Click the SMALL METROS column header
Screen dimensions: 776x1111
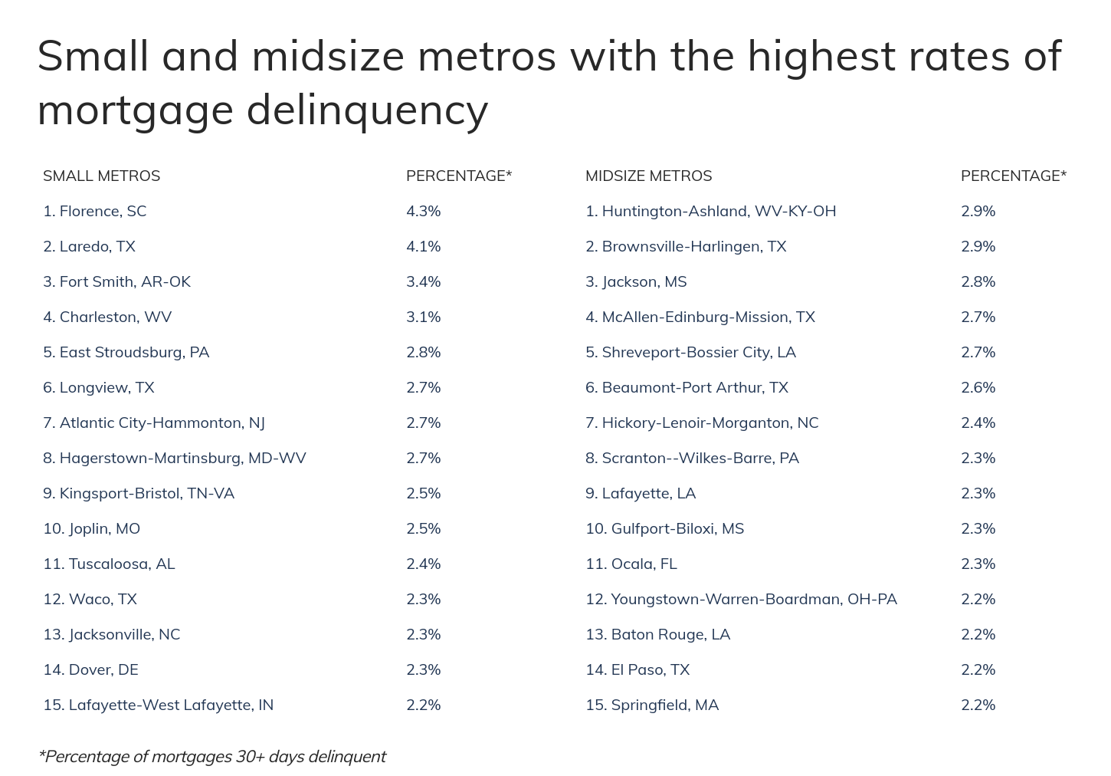point(101,176)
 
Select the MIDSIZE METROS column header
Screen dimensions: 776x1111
point(648,176)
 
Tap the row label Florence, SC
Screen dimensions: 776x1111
point(94,211)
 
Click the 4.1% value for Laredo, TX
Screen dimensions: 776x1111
point(423,246)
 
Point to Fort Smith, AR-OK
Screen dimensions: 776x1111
point(116,281)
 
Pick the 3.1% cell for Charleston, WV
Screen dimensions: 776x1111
point(423,317)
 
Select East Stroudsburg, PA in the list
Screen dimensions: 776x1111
point(126,352)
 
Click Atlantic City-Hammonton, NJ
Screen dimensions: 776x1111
point(154,423)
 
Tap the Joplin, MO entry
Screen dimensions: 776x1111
point(91,528)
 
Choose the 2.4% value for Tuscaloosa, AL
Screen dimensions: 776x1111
point(423,564)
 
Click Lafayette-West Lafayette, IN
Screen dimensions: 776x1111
point(158,705)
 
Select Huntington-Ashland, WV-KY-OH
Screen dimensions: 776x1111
point(710,211)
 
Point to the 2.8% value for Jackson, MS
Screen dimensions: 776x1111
point(978,281)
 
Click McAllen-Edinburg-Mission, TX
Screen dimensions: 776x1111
point(700,317)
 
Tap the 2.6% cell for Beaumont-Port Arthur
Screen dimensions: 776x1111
point(978,387)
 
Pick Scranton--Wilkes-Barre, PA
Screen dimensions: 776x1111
point(692,458)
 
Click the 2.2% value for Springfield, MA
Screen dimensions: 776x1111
point(978,705)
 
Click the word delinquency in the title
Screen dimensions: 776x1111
point(367,110)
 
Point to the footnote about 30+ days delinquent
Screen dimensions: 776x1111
point(212,756)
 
